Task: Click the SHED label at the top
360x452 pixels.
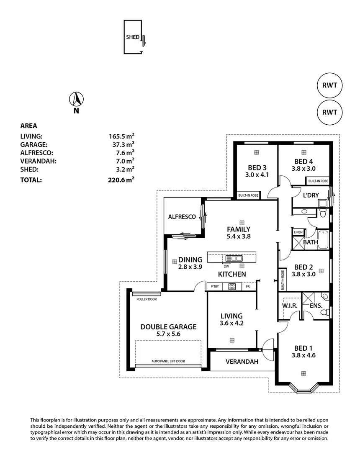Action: coord(132,37)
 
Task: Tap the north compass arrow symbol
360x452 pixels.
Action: coord(76,99)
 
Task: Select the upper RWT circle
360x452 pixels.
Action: coord(329,85)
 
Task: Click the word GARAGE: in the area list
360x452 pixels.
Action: coord(33,144)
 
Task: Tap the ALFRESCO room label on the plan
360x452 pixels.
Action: coord(182,217)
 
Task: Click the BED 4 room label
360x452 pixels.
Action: coord(303,162)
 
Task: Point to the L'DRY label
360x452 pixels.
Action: coord(311,195)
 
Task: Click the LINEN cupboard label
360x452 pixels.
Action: coord(298,232)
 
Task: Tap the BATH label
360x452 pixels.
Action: coord(310,242)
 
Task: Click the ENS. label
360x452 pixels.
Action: coord(316,306)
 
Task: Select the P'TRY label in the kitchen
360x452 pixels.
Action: coord(215,287)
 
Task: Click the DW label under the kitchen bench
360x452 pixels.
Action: coord(226,267)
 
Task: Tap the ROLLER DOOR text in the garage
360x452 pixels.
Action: coord(147,299)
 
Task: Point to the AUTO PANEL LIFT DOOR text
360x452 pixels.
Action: coord(168,361)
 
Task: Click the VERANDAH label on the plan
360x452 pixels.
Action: coord(242,362)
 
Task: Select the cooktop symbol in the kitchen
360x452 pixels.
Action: coord(232,287)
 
